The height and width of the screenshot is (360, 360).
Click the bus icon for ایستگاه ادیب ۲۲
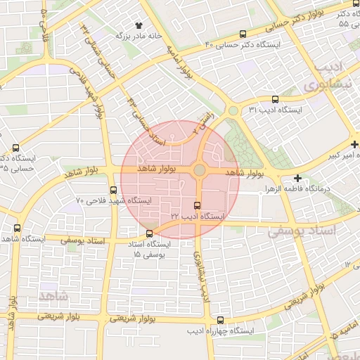[x=196, y=206]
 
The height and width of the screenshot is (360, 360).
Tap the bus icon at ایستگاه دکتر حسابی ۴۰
[x=243, y=34]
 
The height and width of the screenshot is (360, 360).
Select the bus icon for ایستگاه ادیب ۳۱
[x=275, y=99]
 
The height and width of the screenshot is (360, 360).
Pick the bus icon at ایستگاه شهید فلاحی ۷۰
[x=114, y=190]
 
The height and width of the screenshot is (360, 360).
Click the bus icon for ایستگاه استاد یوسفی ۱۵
[x=148, y=233]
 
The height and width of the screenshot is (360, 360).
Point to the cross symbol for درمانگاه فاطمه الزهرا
[x=298, y=179]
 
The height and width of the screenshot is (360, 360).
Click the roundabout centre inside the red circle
[x=200, y=170]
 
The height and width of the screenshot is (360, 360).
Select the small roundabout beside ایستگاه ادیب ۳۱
[x=233, y=110]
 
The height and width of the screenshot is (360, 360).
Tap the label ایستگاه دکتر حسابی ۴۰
[x=241, y=45]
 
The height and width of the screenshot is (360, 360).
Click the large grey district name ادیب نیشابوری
[x=328, y=77]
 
